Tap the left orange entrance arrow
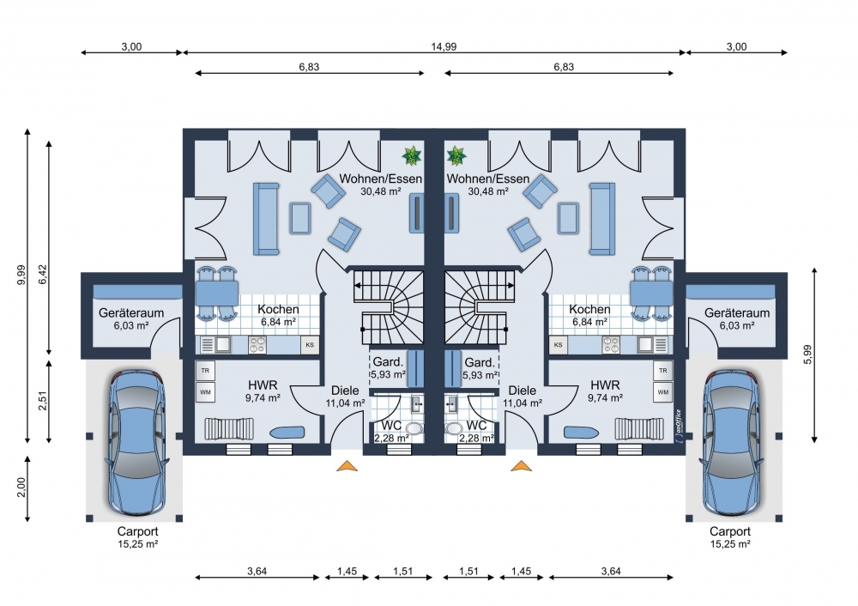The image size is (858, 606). [x=347, y=466]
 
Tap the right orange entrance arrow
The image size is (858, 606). [x=521, y=466]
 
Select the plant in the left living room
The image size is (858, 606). [x=412, y=155]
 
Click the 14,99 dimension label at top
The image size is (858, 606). [x=444, y=46]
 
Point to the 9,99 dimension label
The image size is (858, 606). [x=21, y=275]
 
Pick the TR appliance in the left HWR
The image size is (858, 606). [x=205, y=371]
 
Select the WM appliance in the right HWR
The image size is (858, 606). [x=662, y=392]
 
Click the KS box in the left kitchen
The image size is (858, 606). [x=310, y=345]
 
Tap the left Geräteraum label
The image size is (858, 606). [x=131, y=313]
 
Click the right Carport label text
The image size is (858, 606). [x=730, y=531]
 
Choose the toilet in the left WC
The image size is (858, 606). [x=414, y=428]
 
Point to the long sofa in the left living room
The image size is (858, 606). [x=266, y=219]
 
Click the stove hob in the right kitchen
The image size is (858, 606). [x=611, y=345]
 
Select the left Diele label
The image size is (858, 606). [x=345, y=391]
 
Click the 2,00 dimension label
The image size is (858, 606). [x=21, y=488]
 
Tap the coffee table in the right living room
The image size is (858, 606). [x=568, y=218]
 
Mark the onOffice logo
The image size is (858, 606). [x=679, y=425]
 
